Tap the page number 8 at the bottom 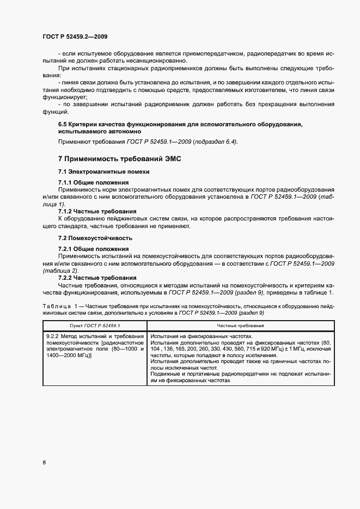point(44,463)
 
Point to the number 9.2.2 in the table point(55,336)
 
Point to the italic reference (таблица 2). point(60,271)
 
